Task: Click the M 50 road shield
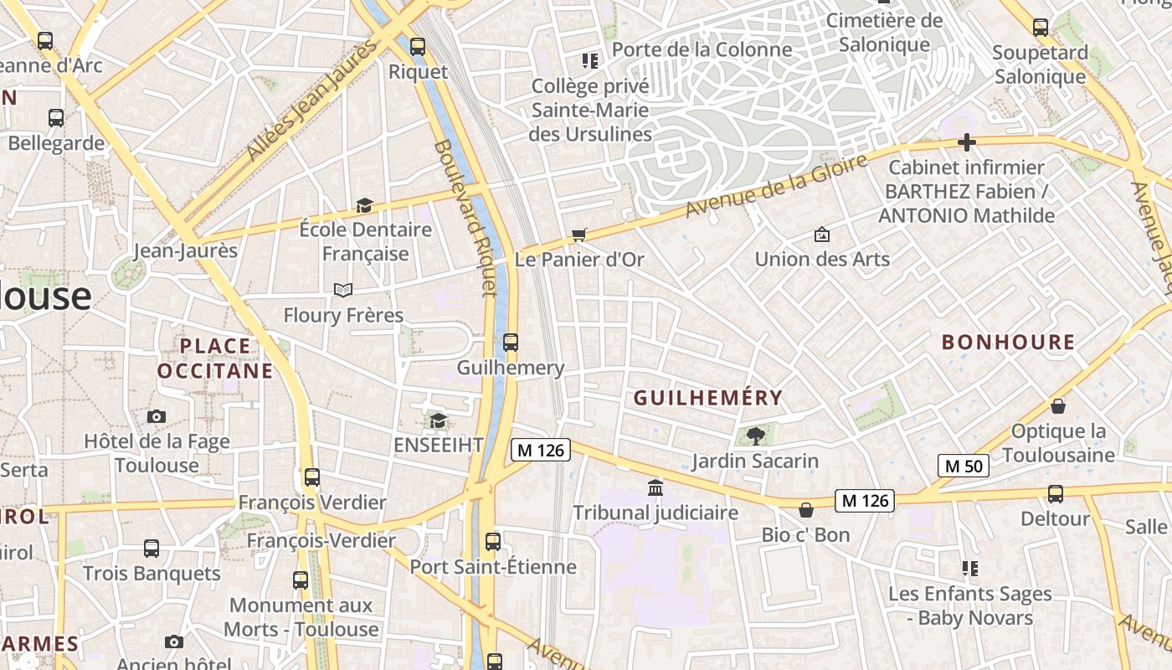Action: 963,466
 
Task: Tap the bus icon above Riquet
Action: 417,47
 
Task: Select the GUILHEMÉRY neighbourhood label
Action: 708,398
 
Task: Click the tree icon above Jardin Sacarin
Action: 755,435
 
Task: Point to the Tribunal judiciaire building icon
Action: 655,487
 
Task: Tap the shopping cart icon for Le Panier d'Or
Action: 578,235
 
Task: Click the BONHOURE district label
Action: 1008,342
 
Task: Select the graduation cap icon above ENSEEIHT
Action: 437,420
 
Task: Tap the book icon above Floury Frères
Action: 342,290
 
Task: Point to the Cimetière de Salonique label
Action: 884,33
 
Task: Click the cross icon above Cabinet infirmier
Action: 967,142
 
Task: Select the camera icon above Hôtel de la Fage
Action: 156,416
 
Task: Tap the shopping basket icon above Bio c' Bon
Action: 806,509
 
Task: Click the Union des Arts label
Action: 822,259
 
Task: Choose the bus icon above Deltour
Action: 1055,493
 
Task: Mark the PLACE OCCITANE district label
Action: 215,358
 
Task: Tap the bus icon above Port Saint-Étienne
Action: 493,541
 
